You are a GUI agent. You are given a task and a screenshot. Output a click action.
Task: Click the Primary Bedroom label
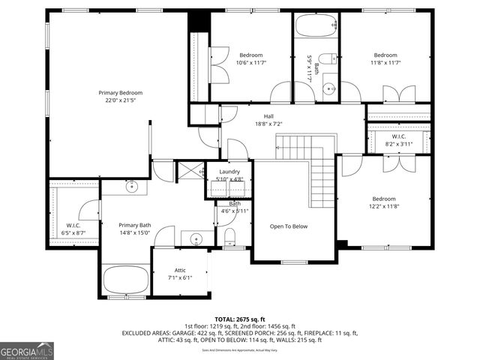coord(120,93)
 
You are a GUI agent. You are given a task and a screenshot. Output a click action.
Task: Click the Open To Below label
coord(292,226)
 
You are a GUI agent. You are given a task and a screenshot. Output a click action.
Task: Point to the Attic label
coord(180,270)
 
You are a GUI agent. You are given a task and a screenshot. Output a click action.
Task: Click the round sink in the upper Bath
coord(328,89)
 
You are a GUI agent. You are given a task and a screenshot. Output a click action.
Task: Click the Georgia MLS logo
coord(25,350)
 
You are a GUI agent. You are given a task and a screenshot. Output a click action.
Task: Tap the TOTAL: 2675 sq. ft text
coord(239,319)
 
